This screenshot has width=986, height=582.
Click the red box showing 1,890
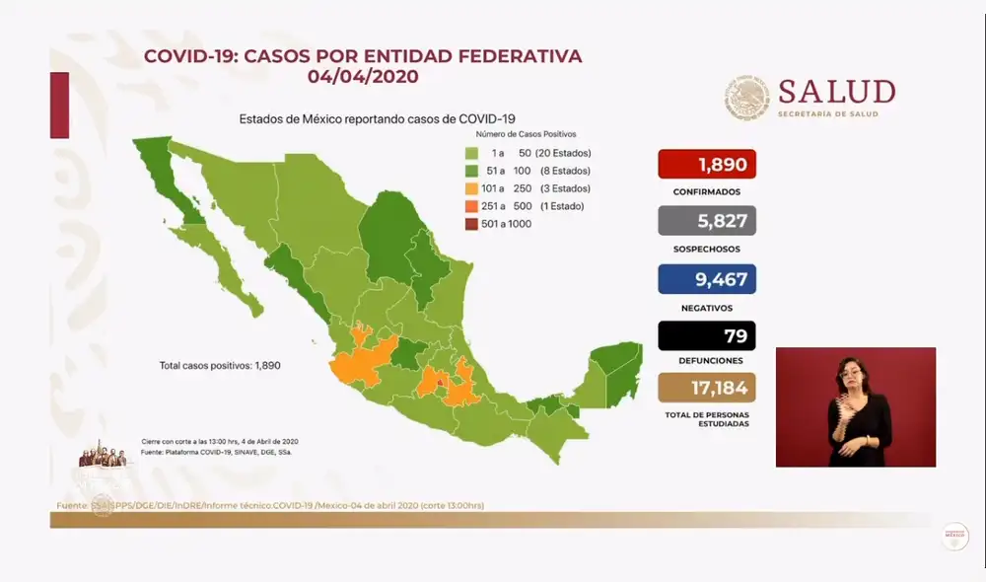pos(706,164)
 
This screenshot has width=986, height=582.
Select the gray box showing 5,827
pos(706,221)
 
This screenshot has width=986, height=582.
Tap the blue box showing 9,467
pos(706,279)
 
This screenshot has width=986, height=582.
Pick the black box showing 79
pos(706,336)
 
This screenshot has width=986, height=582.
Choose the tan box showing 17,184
pos(706,385)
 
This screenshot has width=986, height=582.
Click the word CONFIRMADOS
pos(706,192)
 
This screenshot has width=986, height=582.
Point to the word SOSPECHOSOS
pos(706,250)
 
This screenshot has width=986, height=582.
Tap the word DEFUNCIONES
pos(706,361)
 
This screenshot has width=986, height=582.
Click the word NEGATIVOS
pos(706,308)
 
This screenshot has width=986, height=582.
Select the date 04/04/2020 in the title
pos(363,76)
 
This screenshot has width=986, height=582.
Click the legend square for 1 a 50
pos(473,153)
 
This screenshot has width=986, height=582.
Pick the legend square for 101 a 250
pos(473,188)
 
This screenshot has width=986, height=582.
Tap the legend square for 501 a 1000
pos(473,224)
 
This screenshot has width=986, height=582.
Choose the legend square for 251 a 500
pos(473,206)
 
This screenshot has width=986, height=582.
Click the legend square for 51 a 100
pos(473,171)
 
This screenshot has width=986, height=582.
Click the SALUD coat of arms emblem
pos(747,99)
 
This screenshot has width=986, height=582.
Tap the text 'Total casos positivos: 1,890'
pos(221,365)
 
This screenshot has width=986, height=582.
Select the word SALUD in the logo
pos(836,92)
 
